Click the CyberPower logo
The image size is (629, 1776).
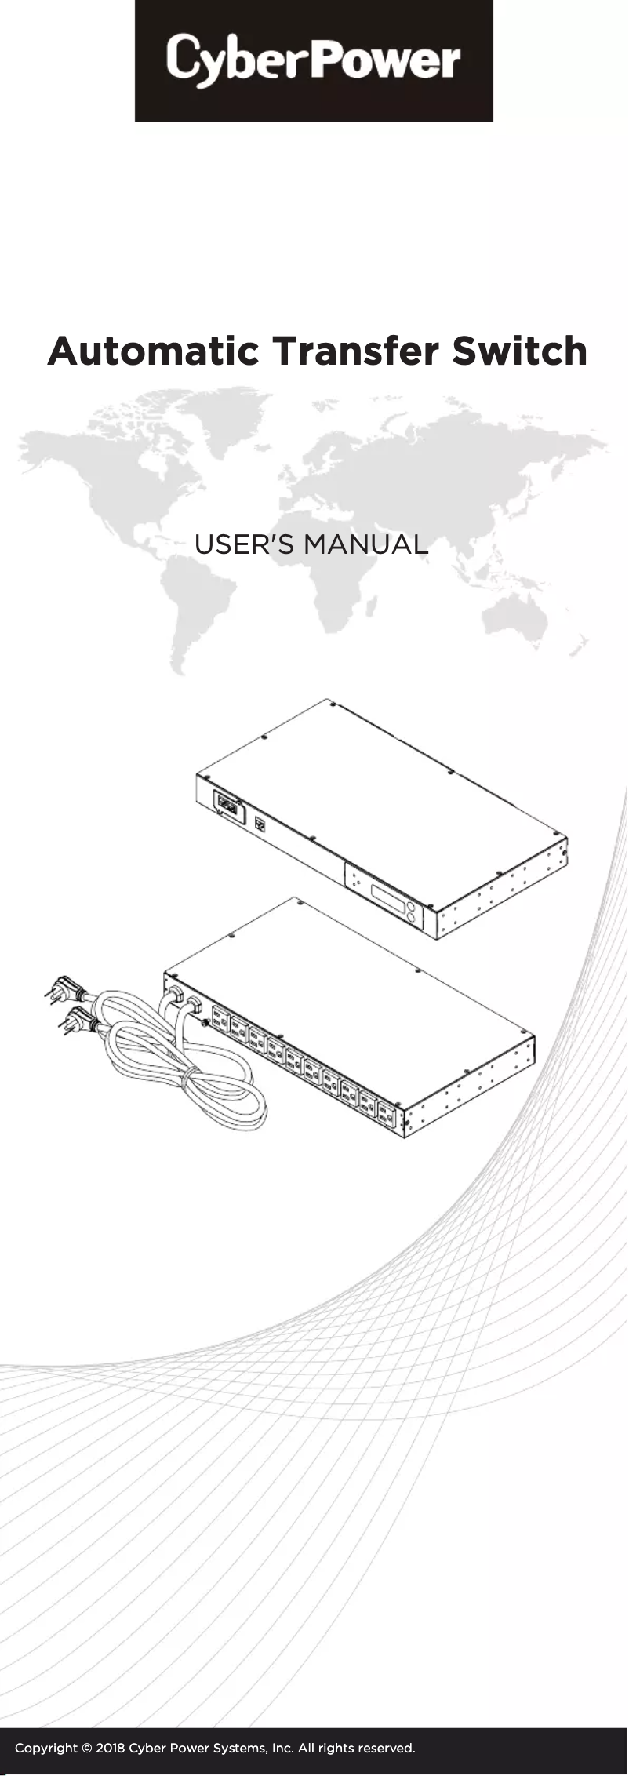coord(314,60)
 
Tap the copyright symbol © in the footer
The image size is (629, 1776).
coord(87,1748)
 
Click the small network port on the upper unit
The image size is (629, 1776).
coord(260,824)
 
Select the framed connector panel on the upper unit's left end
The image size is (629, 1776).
coord(227,805)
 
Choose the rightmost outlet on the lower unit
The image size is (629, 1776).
coord(385,1113)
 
